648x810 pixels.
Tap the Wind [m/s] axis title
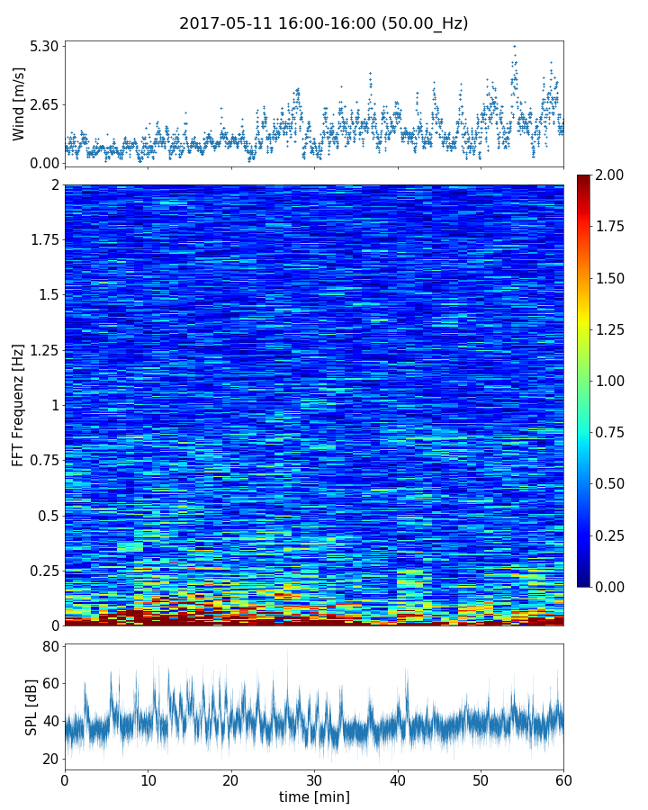[x=19, y=103]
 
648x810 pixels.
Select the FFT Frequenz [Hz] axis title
[x=18, y=405]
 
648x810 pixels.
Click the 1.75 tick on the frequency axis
[x=41, y=240]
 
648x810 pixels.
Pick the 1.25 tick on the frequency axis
[x=41, y=350]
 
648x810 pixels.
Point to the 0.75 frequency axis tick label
[x=41, y=461]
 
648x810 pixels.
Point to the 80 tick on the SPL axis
[x=49, y=647]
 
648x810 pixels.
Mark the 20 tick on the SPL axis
[x=49, y=760]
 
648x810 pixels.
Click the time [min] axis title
[x=314, y=796]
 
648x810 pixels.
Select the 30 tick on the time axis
[x=314, y=778]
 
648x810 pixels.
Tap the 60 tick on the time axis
[x=563, y=778]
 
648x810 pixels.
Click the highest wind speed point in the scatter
[x=514, y=46]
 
